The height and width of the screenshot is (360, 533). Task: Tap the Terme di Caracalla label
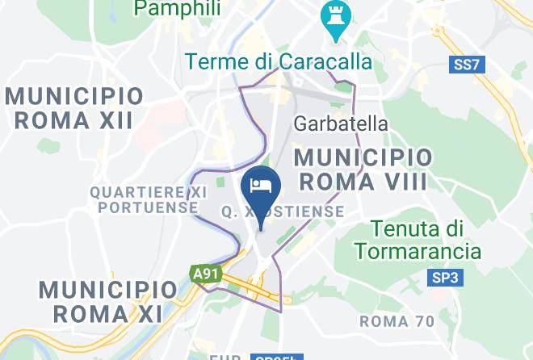(x=278, y=61)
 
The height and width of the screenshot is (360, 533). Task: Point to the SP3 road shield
(x=444, y=278)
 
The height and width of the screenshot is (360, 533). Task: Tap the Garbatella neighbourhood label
(x=340, y=123)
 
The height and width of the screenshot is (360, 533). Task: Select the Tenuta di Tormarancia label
(x=426, y=240)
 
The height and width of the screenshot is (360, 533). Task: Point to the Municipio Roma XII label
(x=74, y=108)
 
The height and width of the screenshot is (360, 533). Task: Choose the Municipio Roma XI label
(x=107, y=300)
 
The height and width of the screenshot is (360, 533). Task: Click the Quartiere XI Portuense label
(x=145, y=199)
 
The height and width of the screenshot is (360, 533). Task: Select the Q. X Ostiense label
(x=282, y=211)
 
